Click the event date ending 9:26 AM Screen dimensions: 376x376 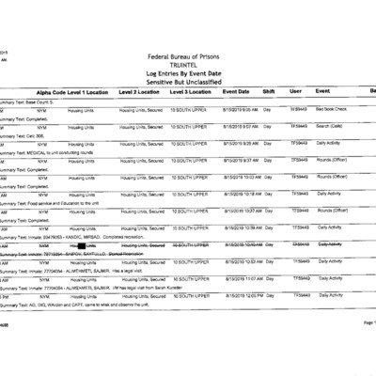click(239, 143)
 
